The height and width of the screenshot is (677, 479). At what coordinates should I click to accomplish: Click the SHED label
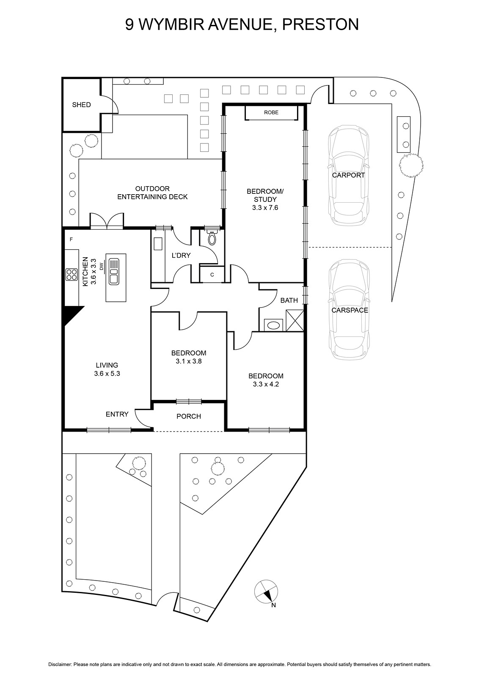coord(81,105)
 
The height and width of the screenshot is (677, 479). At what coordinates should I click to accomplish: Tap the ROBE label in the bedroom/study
coord(271,113)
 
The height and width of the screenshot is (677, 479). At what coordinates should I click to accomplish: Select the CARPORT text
coord(348,175)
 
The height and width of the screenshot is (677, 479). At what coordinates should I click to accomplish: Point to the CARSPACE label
coord(350,310)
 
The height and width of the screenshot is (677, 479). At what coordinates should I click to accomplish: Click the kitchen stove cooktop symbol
coord(72,275)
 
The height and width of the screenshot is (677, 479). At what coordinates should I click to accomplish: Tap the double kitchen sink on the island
coord(114,271)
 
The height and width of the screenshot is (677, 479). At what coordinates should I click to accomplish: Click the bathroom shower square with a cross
coord(295,320)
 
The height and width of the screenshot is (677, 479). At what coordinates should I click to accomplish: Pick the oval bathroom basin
coord(274,325)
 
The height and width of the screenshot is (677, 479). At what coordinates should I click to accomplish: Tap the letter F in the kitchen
coord(72,239)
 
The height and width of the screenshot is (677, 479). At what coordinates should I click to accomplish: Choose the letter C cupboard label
coord(212,275)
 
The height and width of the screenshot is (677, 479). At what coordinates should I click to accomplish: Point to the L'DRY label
coord(181,256)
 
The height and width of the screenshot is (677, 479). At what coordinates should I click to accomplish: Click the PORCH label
coord(189,416)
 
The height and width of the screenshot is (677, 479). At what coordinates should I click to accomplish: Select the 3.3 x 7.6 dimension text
coord(265,208)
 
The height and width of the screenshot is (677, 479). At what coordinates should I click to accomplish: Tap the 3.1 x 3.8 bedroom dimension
coord(189,361)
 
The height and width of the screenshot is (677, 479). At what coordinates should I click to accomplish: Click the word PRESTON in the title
coord(320,25)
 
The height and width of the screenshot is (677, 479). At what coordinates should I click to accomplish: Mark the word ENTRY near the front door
coord(117,414)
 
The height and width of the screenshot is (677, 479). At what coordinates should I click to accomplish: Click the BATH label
coord(289,300)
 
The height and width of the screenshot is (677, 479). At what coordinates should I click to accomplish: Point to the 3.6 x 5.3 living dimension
coord(107,373)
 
